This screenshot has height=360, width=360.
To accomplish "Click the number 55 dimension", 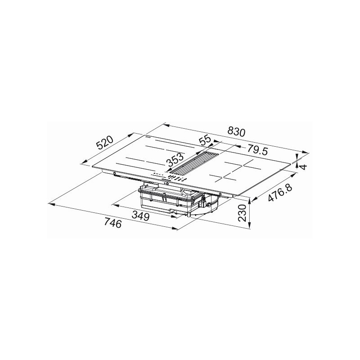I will click(205, 141).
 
